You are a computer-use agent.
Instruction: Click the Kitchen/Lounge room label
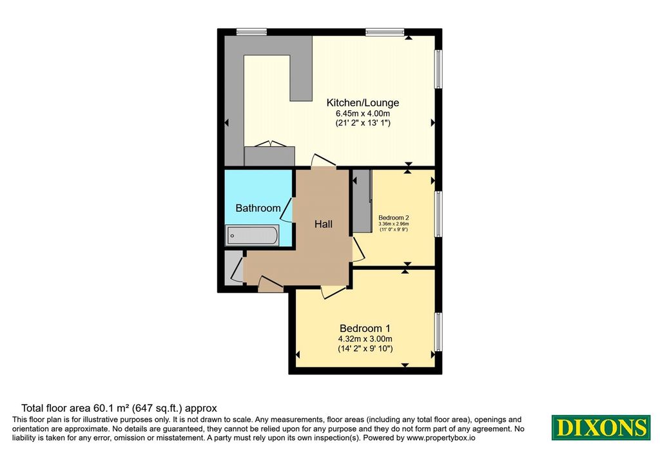tap(363, 102)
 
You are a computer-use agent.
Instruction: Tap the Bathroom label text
tap(258, 208)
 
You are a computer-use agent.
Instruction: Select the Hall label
tap(324, 224)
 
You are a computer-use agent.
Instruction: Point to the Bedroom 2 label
tap(394, 218)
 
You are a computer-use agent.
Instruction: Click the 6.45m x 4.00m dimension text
tap(362, 113)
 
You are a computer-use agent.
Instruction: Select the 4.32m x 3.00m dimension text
tap(365, 339)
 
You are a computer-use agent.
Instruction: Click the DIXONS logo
tap(601, 427)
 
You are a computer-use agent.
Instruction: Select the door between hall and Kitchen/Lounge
tap(324, 160)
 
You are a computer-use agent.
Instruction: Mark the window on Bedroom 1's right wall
tap(438, 332)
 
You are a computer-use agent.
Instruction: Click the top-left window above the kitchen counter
tap(251, 32)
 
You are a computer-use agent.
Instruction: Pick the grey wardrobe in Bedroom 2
tap(362, 200)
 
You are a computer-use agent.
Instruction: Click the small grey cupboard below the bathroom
tap(233, 267)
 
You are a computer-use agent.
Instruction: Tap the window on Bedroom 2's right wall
tap(438, 214)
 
